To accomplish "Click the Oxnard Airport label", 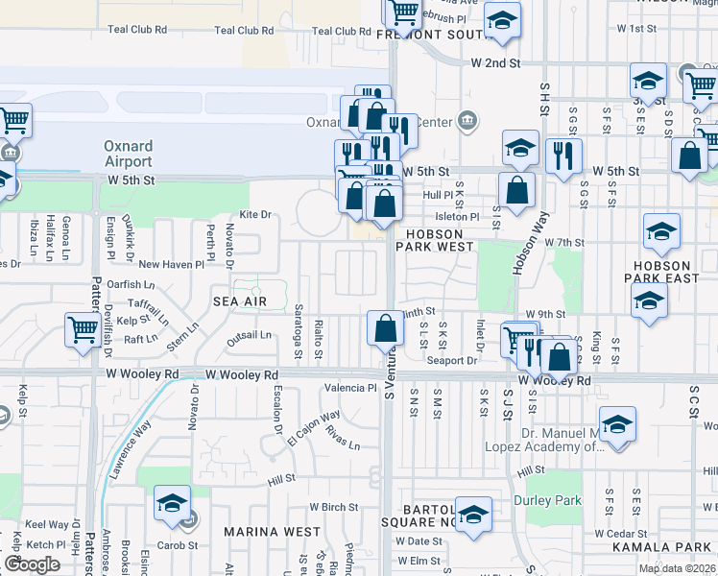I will click(128, 154).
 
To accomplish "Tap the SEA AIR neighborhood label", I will click(238, 300).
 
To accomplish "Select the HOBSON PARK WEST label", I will click(441, 240).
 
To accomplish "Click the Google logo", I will click(32, 564).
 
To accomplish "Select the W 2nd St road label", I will click(494, 62).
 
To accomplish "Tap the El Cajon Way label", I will click(313, 429).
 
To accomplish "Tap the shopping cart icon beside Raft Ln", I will click(84, 329).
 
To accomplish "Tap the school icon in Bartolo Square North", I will click(473, 515).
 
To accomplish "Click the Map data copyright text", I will click(678, 568).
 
